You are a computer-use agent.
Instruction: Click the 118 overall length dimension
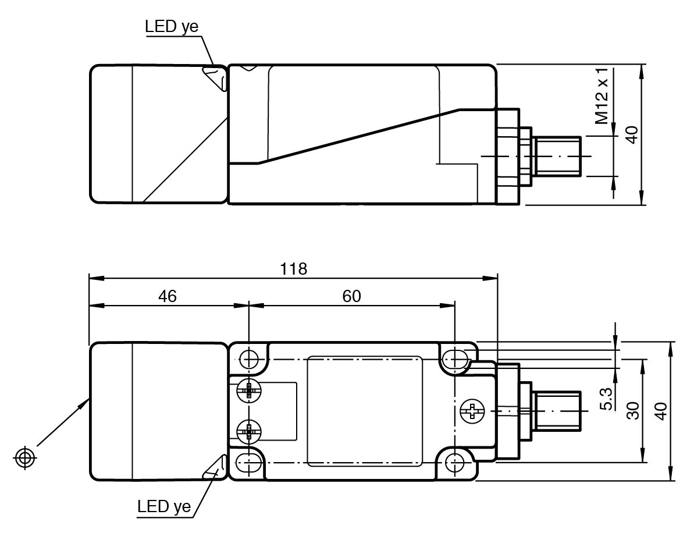coord(293,269)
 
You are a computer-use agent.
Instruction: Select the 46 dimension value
coord(168,296)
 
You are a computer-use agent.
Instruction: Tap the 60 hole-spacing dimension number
coord(351,296)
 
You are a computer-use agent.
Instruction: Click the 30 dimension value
coord(633,410)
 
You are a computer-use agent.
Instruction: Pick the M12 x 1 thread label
coord(602,96)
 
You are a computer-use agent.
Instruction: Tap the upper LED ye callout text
coord(172,27)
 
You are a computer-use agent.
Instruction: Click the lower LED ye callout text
coord(164,506)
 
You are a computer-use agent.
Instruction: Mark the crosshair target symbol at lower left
coord(25,457)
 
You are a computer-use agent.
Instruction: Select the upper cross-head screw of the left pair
coord(249,391)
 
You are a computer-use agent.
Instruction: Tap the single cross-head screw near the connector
coord(472,411)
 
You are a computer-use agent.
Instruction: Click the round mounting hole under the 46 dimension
coord(249,358)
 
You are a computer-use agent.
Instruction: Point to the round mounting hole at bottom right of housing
coord(454,464)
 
